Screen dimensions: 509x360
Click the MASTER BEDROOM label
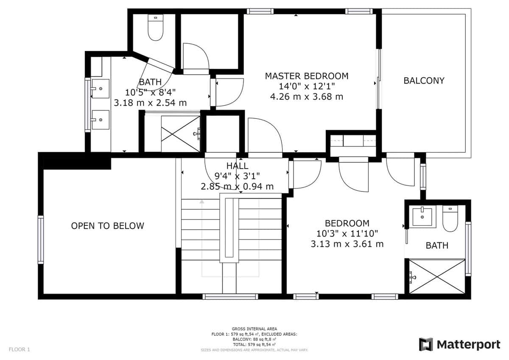(x=307, y=76)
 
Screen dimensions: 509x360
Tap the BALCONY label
(x=424, y=81)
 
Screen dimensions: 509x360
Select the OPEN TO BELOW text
(x=107, y=226)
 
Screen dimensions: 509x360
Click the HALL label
(x=237, y=166)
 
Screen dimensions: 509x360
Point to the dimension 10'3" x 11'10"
(x=347, y=233)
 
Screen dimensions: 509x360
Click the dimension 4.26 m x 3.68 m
(x=307, y=97)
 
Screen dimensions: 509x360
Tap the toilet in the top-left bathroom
(x=156, y=27)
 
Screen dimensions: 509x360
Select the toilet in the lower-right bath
(x=450, y=219)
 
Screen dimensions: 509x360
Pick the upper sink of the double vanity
(x=101, y=88)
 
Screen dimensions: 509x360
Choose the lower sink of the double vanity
(x=101, y=120)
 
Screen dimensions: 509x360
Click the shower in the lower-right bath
(x=437, y=276)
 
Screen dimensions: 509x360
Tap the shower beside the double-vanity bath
(x=180, y=134)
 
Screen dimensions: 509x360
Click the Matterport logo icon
(x=425, y=344)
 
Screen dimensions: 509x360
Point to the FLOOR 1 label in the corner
(x=20, y=349)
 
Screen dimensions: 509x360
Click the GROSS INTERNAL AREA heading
(x=254, y=329)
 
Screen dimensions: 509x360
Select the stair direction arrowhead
(x=202, y=202)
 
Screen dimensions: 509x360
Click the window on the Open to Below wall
(x=40, y=239)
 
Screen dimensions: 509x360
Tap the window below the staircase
(x=230, y=297)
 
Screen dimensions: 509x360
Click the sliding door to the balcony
(x=379, y=79)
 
